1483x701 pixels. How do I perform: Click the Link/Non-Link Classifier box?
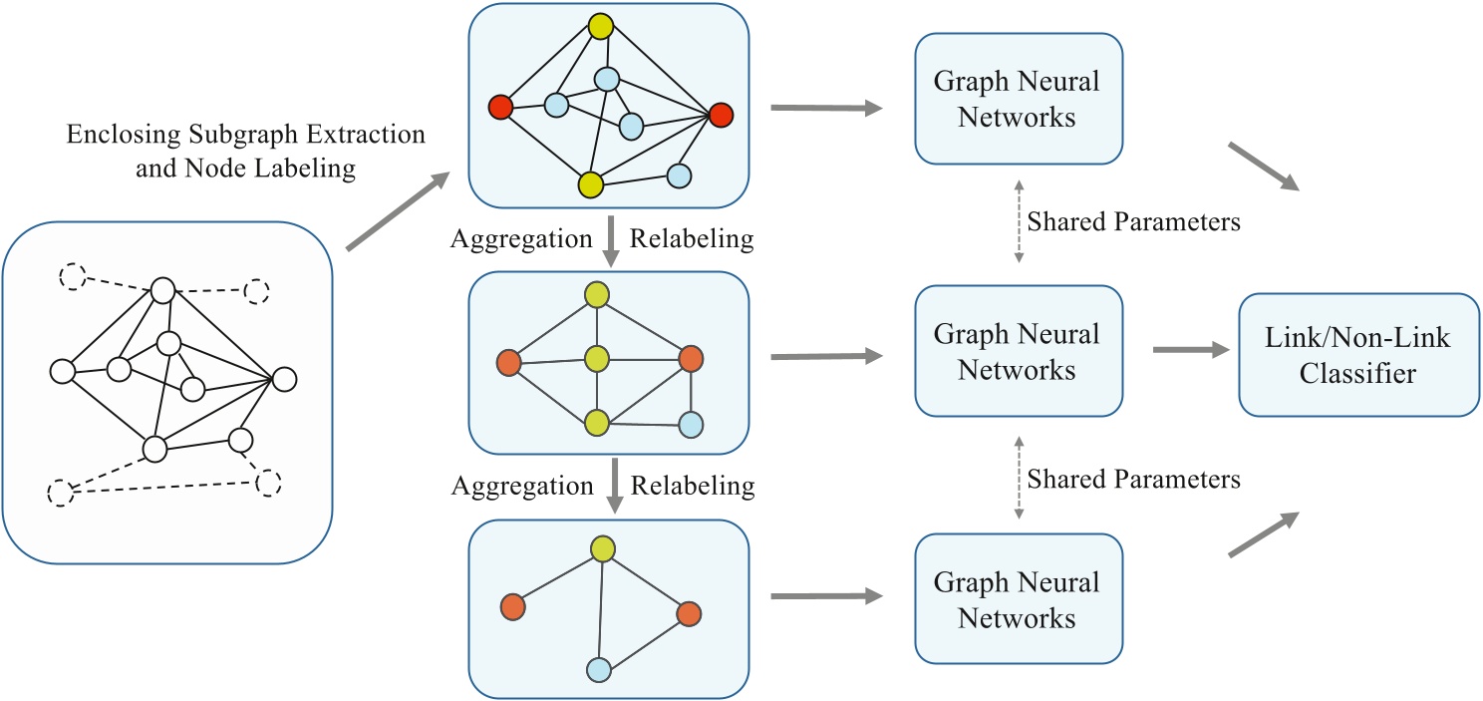[1358, 354]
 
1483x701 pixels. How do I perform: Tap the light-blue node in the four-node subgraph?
[598, 669]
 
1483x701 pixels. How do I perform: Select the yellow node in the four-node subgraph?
[601, 548]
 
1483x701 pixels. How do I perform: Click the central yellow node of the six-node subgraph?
[597, 358]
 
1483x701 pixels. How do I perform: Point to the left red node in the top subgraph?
[500, 106]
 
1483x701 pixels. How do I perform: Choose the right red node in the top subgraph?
[721, 116]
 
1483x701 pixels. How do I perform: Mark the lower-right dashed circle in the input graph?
[268, 483]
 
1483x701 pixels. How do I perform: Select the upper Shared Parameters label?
[1133, 222]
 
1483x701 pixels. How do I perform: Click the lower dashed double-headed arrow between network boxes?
[1018, 480]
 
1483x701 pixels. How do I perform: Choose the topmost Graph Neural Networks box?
[1018, 99]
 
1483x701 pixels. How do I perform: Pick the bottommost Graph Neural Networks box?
[1018, 599]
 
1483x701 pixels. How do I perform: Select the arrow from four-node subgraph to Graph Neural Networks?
[827, 596]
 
